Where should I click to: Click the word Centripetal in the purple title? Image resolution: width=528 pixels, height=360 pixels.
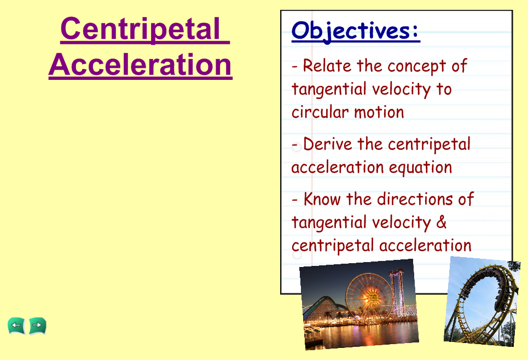tap(141, 30)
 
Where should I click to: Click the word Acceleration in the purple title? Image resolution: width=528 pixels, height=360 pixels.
tap(141, 65)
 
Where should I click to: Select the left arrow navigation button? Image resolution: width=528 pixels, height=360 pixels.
tap(16, 326)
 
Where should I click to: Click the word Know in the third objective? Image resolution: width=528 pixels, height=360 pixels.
tap(322, 199)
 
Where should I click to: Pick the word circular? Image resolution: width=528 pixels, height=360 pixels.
tap(318, 112)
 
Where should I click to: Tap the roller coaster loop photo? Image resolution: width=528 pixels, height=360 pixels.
tap(482, 301)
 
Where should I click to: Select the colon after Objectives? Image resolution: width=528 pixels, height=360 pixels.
tap(415, 31)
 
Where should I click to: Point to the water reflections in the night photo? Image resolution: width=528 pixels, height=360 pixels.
tap(361, 333)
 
